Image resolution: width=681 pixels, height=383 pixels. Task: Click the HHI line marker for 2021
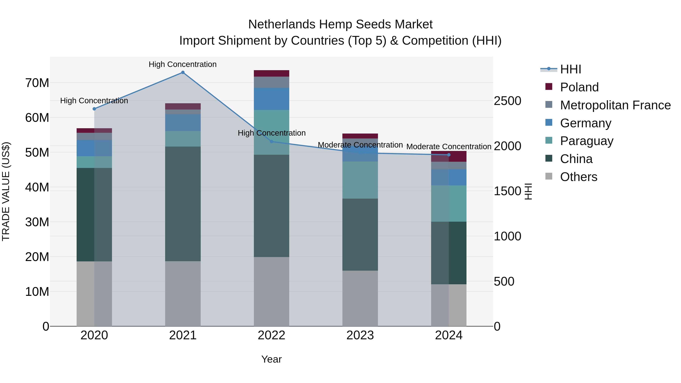point(183,72)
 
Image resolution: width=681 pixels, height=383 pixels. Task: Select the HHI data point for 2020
point(94,109)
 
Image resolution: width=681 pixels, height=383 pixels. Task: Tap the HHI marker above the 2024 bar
point(449,155)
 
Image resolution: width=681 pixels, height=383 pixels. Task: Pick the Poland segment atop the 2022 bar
point(271,74)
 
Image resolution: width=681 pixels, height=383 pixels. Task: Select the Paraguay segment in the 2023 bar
point(360,180)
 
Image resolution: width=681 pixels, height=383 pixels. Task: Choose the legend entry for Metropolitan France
point(615,105)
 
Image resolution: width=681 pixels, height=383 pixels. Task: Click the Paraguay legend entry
point(586,141)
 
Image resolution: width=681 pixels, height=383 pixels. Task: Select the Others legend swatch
point(549,176)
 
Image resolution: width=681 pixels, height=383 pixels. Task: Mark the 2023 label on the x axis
point(360,336)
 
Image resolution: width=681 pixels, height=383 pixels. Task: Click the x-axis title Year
point(271,359)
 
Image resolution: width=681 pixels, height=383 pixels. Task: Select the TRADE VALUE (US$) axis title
point(6,191)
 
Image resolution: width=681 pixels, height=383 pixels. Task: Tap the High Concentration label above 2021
point(183,64)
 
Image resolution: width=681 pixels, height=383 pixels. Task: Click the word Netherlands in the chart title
point(281,25)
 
